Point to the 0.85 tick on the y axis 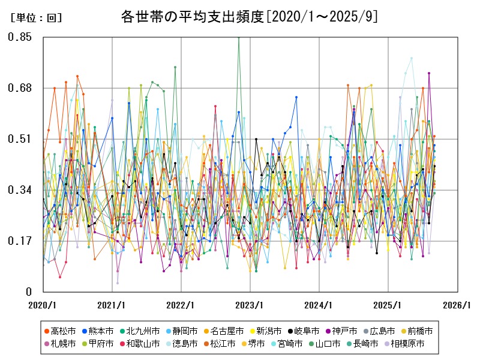[x=20, y=37]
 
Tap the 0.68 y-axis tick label [x=20, y=88]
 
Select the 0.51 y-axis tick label [x=20, y=139]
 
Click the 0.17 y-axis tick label [x=20, y=241]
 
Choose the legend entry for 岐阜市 [x=306, y=331]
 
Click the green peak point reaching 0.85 [x=239, y=37]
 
